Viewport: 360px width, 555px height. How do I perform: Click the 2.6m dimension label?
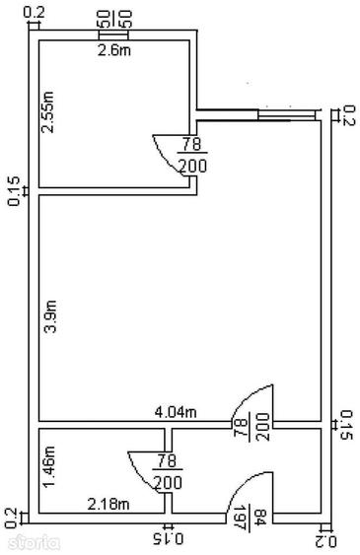pos(114,50)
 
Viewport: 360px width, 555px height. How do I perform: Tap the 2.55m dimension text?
pos(47,112)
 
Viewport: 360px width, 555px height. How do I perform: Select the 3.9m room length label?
pos(50,316)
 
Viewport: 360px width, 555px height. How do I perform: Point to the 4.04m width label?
pos(176,412)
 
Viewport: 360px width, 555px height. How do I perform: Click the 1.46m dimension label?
pos(49,467)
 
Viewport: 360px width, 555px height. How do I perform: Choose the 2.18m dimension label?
pos(108,504)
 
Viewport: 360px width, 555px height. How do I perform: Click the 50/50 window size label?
pos(113,20)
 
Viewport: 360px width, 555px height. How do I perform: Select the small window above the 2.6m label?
pos(112,35)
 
